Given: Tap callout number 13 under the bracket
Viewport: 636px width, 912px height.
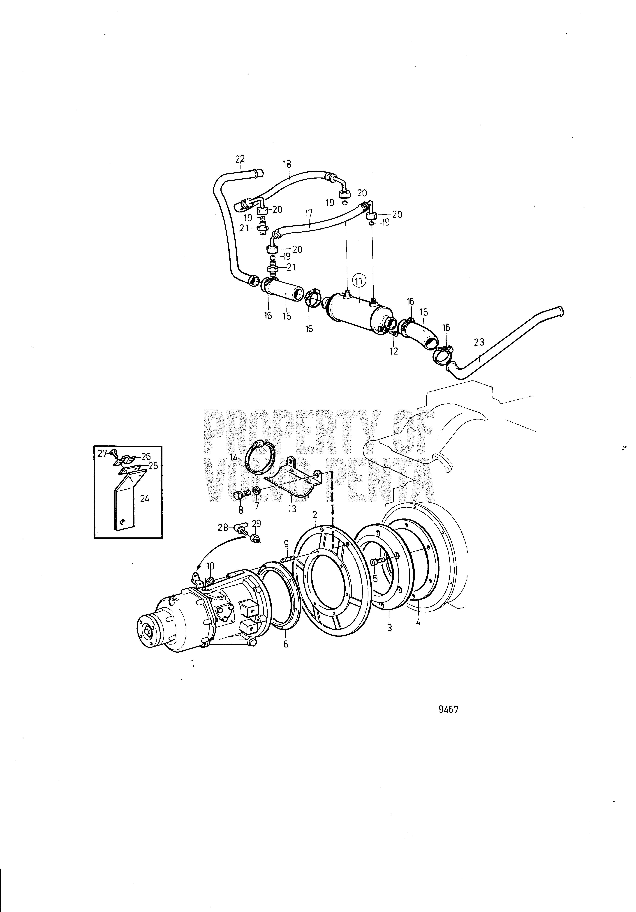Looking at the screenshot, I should point(292,508).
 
